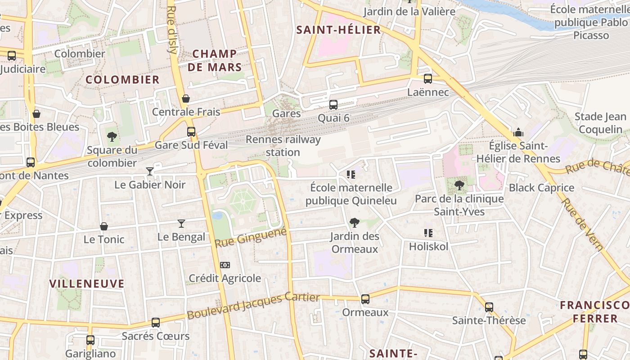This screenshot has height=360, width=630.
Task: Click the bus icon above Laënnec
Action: (427, 78)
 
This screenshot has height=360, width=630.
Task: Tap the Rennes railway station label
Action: (283, 146)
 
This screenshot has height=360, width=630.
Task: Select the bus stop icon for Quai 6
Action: (333, 104)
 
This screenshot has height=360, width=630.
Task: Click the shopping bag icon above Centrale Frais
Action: (185, 98)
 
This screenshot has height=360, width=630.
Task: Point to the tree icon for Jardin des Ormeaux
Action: (354, 222)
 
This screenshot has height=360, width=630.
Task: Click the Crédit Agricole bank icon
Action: (225, 265)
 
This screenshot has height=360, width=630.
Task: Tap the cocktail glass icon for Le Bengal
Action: (181, 223)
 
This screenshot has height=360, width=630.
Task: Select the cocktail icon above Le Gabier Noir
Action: (149, 171)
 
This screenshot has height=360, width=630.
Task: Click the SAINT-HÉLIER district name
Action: (339, 30)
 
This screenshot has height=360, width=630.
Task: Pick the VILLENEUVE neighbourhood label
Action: (87, 283)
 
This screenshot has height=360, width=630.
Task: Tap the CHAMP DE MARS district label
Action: (215, 61)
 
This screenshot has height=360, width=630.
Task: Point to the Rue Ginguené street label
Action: (251, 237)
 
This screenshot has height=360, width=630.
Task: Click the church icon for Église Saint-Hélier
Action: (518, 133)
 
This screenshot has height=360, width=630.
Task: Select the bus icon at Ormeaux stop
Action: (365, 299)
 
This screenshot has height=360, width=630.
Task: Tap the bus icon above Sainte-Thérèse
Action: (489, 307)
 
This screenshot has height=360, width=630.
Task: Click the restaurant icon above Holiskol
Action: (428, 233)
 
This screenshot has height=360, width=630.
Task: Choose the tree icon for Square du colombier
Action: (112, 136)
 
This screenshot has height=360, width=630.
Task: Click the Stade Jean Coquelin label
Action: (600, 123)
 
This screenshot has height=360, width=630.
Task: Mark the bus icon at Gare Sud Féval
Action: (191, 132)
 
